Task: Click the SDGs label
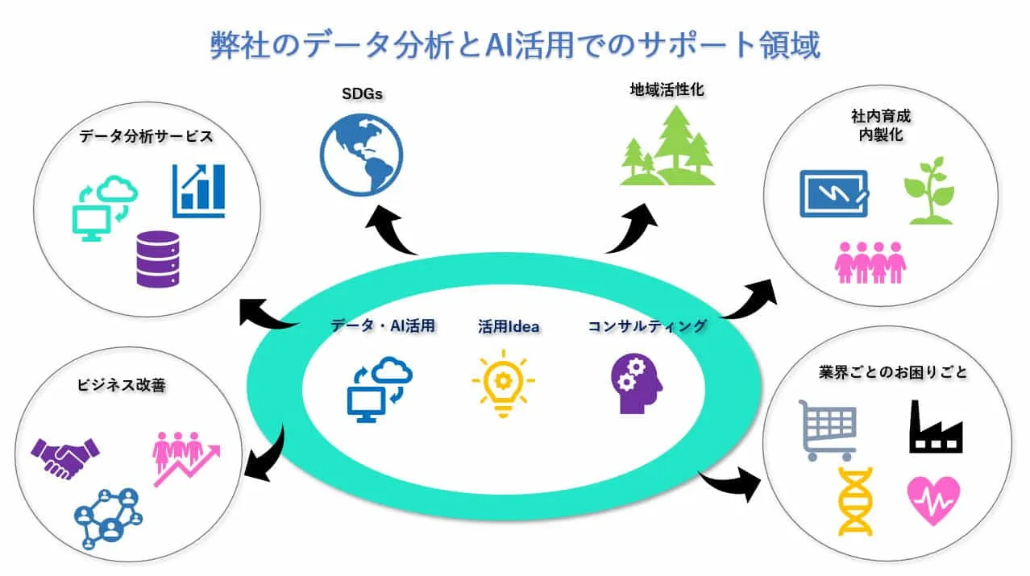pos(362,93)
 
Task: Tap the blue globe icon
pos(361,155)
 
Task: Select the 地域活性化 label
pos(667,89)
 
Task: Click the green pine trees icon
pos(667,146)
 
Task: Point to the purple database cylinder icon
pos(158,259)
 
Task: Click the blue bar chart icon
pos(198,190)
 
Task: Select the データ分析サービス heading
pos(146,136)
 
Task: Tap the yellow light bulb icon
pos(503,383)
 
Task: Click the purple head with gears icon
pos(637,383)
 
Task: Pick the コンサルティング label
pos(647,326)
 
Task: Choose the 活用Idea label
pos(509,326)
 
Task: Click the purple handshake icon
pos(64,458)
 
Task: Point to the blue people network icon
pos(109,519)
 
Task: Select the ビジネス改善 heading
pos(121,385)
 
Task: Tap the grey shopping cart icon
pos(828,430)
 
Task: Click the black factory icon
pos(936,427)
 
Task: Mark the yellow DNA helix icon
pos(855,502)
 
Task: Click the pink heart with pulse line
pos(933,501)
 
